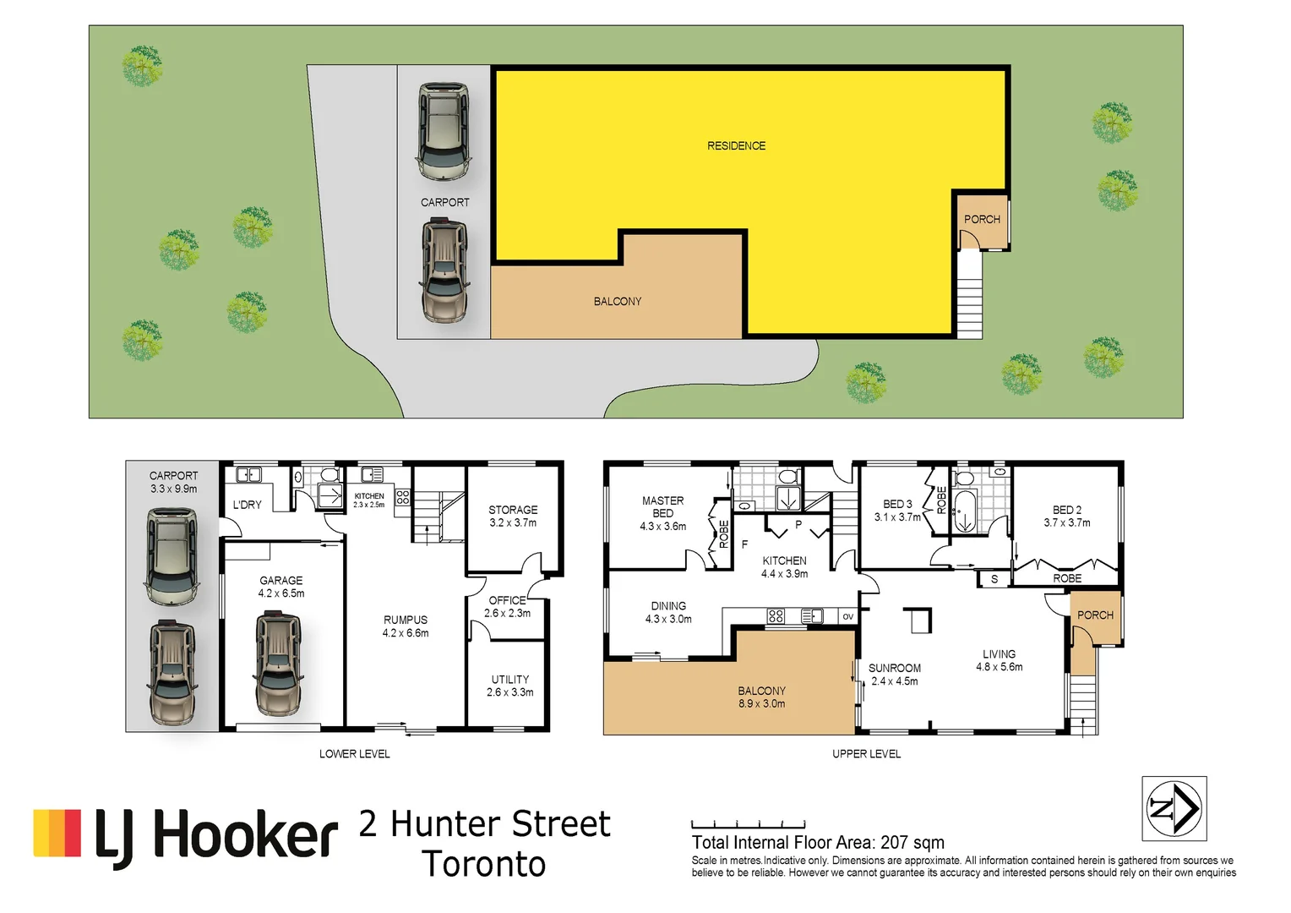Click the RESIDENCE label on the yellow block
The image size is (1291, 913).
pos(736,146)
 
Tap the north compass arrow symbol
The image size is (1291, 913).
pos(1174,808)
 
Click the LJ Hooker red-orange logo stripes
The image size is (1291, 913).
pos(57,833)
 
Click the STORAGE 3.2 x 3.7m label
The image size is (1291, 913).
pos(513,516)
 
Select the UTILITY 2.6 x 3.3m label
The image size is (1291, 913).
pos(510,686)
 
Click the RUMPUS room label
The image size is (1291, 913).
pos(406,626)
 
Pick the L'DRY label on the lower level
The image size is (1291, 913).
pos(248,505)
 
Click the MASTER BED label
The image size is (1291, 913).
pos(663,507)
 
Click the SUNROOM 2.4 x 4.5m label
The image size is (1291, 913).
pos(895,674)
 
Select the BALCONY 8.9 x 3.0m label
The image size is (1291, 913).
pos(761,697)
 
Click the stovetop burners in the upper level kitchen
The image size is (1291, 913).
pos(776,616)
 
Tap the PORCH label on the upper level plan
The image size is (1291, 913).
pos(1095,615)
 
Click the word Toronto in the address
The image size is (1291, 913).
pos(484,864)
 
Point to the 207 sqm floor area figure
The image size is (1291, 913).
pos(912,842)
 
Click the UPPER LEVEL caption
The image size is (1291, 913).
pos(866,753)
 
